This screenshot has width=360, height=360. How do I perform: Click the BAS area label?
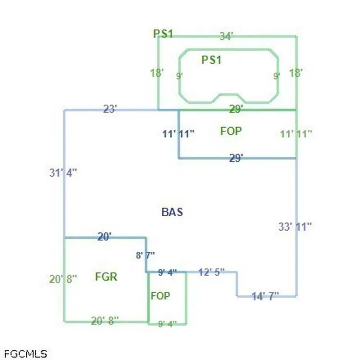(172, 212)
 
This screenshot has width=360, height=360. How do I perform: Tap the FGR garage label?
(106, 277)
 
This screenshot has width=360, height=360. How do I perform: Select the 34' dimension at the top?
(226, 36)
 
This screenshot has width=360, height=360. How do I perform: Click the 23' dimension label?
(110, 109)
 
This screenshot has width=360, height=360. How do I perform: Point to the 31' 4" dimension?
(63, 173)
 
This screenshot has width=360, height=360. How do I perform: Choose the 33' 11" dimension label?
(295, 227)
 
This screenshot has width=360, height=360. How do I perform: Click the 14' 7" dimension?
(265, 296)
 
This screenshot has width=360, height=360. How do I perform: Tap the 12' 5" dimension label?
(211, 272)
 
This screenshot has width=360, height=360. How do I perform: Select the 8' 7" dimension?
(145, 255)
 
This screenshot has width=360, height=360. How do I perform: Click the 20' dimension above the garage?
(105, 237)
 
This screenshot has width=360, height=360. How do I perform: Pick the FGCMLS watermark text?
(25, 354)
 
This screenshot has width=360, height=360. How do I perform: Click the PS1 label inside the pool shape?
(211, 60)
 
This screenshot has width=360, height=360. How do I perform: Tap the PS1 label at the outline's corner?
(163, 34)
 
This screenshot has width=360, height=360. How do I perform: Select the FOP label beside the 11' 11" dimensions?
(231, 131)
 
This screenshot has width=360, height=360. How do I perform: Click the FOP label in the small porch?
(160, 296)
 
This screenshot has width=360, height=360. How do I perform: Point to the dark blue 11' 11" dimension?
(178, 134)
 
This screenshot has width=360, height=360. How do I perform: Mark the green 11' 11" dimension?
(296, 134)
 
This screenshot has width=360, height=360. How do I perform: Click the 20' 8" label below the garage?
(105, 321)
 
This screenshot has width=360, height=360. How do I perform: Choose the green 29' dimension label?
(236, 109)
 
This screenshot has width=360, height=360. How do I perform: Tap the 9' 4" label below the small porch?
(167, 324)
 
